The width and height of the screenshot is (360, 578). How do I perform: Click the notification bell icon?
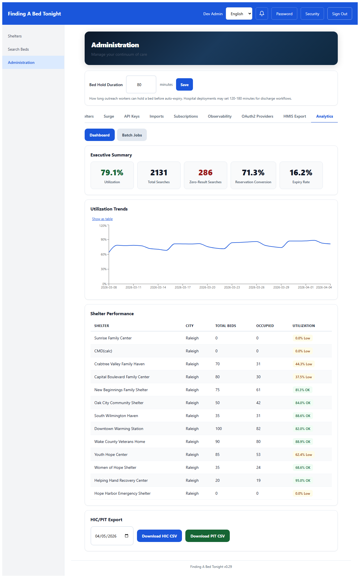[x=262, y=14]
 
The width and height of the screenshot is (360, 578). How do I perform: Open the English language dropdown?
[x=239, y=14]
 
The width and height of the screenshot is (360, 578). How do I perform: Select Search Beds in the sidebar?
[x=18, y=49]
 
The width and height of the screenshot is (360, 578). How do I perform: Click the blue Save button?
[x=184, y=84]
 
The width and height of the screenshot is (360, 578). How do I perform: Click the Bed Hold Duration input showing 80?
[x=141, y=84]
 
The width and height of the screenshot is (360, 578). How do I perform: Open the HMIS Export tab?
[x=294, y=116]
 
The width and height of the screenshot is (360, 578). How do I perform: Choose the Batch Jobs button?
[x=132, y=135]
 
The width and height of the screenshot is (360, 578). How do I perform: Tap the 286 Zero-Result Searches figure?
[x=205, y=172]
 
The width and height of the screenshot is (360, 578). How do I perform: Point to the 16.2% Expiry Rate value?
[x=301, y=172]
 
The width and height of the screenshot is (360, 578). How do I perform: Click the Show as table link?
[x=102, y=219]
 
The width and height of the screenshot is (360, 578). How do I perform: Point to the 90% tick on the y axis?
[x=104, y=239]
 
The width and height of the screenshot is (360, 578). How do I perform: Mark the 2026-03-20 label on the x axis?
[x=207, y=287]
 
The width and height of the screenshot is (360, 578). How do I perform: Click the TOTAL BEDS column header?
[x=226, y=326]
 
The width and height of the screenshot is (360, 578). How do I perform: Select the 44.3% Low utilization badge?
[x=303, y=364]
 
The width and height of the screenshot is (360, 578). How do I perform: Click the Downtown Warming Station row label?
[x=119, y=429]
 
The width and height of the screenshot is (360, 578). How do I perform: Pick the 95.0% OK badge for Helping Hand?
[x=303, y=480]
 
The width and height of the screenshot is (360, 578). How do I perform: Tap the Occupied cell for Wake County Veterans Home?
[x=258, y=442]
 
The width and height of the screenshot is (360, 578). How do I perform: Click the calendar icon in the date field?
[x=127, y=536]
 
